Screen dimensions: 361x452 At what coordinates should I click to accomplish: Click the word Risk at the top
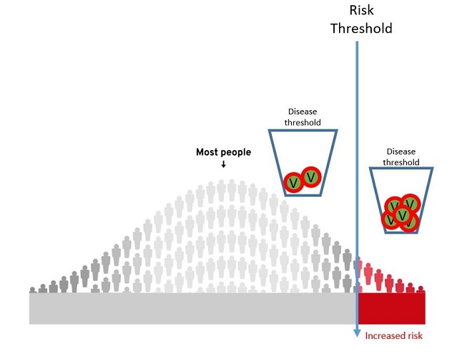coord(361,10)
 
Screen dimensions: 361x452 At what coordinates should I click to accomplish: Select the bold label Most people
coord(223,152)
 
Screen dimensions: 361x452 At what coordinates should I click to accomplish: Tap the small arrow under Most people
coord(223,164)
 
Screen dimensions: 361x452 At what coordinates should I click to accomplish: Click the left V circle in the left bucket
coord(293,183)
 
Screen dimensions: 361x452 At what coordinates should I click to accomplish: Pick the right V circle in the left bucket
coord(311,176)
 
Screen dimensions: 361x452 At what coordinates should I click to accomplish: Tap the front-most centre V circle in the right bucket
coord(403,215)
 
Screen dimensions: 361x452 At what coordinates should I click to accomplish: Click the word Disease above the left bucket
coord(303,112)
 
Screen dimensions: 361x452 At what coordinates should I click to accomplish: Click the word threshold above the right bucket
coord(401,162)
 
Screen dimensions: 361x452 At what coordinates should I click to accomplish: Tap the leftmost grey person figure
coord(33,290)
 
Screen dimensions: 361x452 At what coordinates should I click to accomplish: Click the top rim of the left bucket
coord(303,130)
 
